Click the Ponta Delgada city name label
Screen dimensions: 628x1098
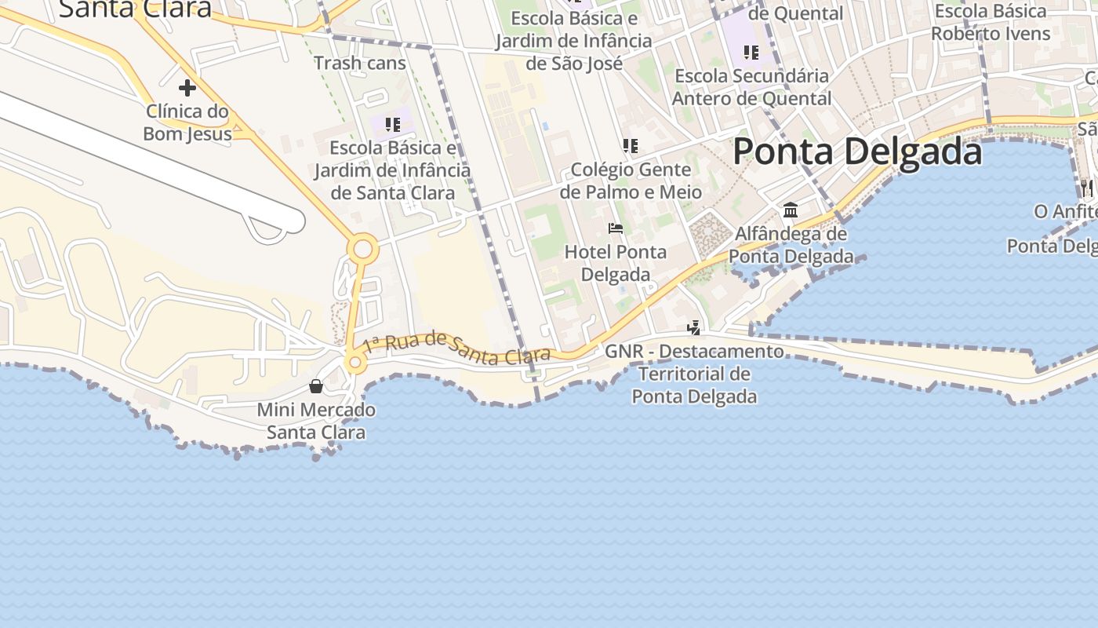[857, 152]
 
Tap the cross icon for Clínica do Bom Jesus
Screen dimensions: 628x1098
[187, 87]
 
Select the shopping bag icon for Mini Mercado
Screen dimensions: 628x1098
[315, 385]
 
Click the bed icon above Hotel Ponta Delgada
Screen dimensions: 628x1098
[616, 228]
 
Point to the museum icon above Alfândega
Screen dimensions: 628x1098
[791, 210]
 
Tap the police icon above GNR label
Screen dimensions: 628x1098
[693, 327]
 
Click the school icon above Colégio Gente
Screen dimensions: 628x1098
[630, 145]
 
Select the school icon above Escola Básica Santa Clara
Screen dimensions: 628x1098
[393, 124]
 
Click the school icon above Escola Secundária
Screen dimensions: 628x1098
[751, 53]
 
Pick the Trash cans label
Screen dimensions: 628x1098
[360, 63]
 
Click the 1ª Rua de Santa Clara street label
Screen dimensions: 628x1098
[456, 348]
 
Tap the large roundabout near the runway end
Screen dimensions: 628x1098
[362, 250]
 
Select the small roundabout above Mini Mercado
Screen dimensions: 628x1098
[355, 362]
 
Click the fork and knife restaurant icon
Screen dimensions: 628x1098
[1086, 188]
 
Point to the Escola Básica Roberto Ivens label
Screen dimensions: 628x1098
[991, 22]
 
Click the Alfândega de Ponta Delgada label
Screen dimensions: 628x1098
[791, 245]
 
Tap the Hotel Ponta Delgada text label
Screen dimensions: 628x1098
[616, 263]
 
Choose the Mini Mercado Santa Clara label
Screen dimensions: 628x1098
[316, 421]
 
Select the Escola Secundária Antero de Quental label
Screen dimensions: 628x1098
[751, 87]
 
